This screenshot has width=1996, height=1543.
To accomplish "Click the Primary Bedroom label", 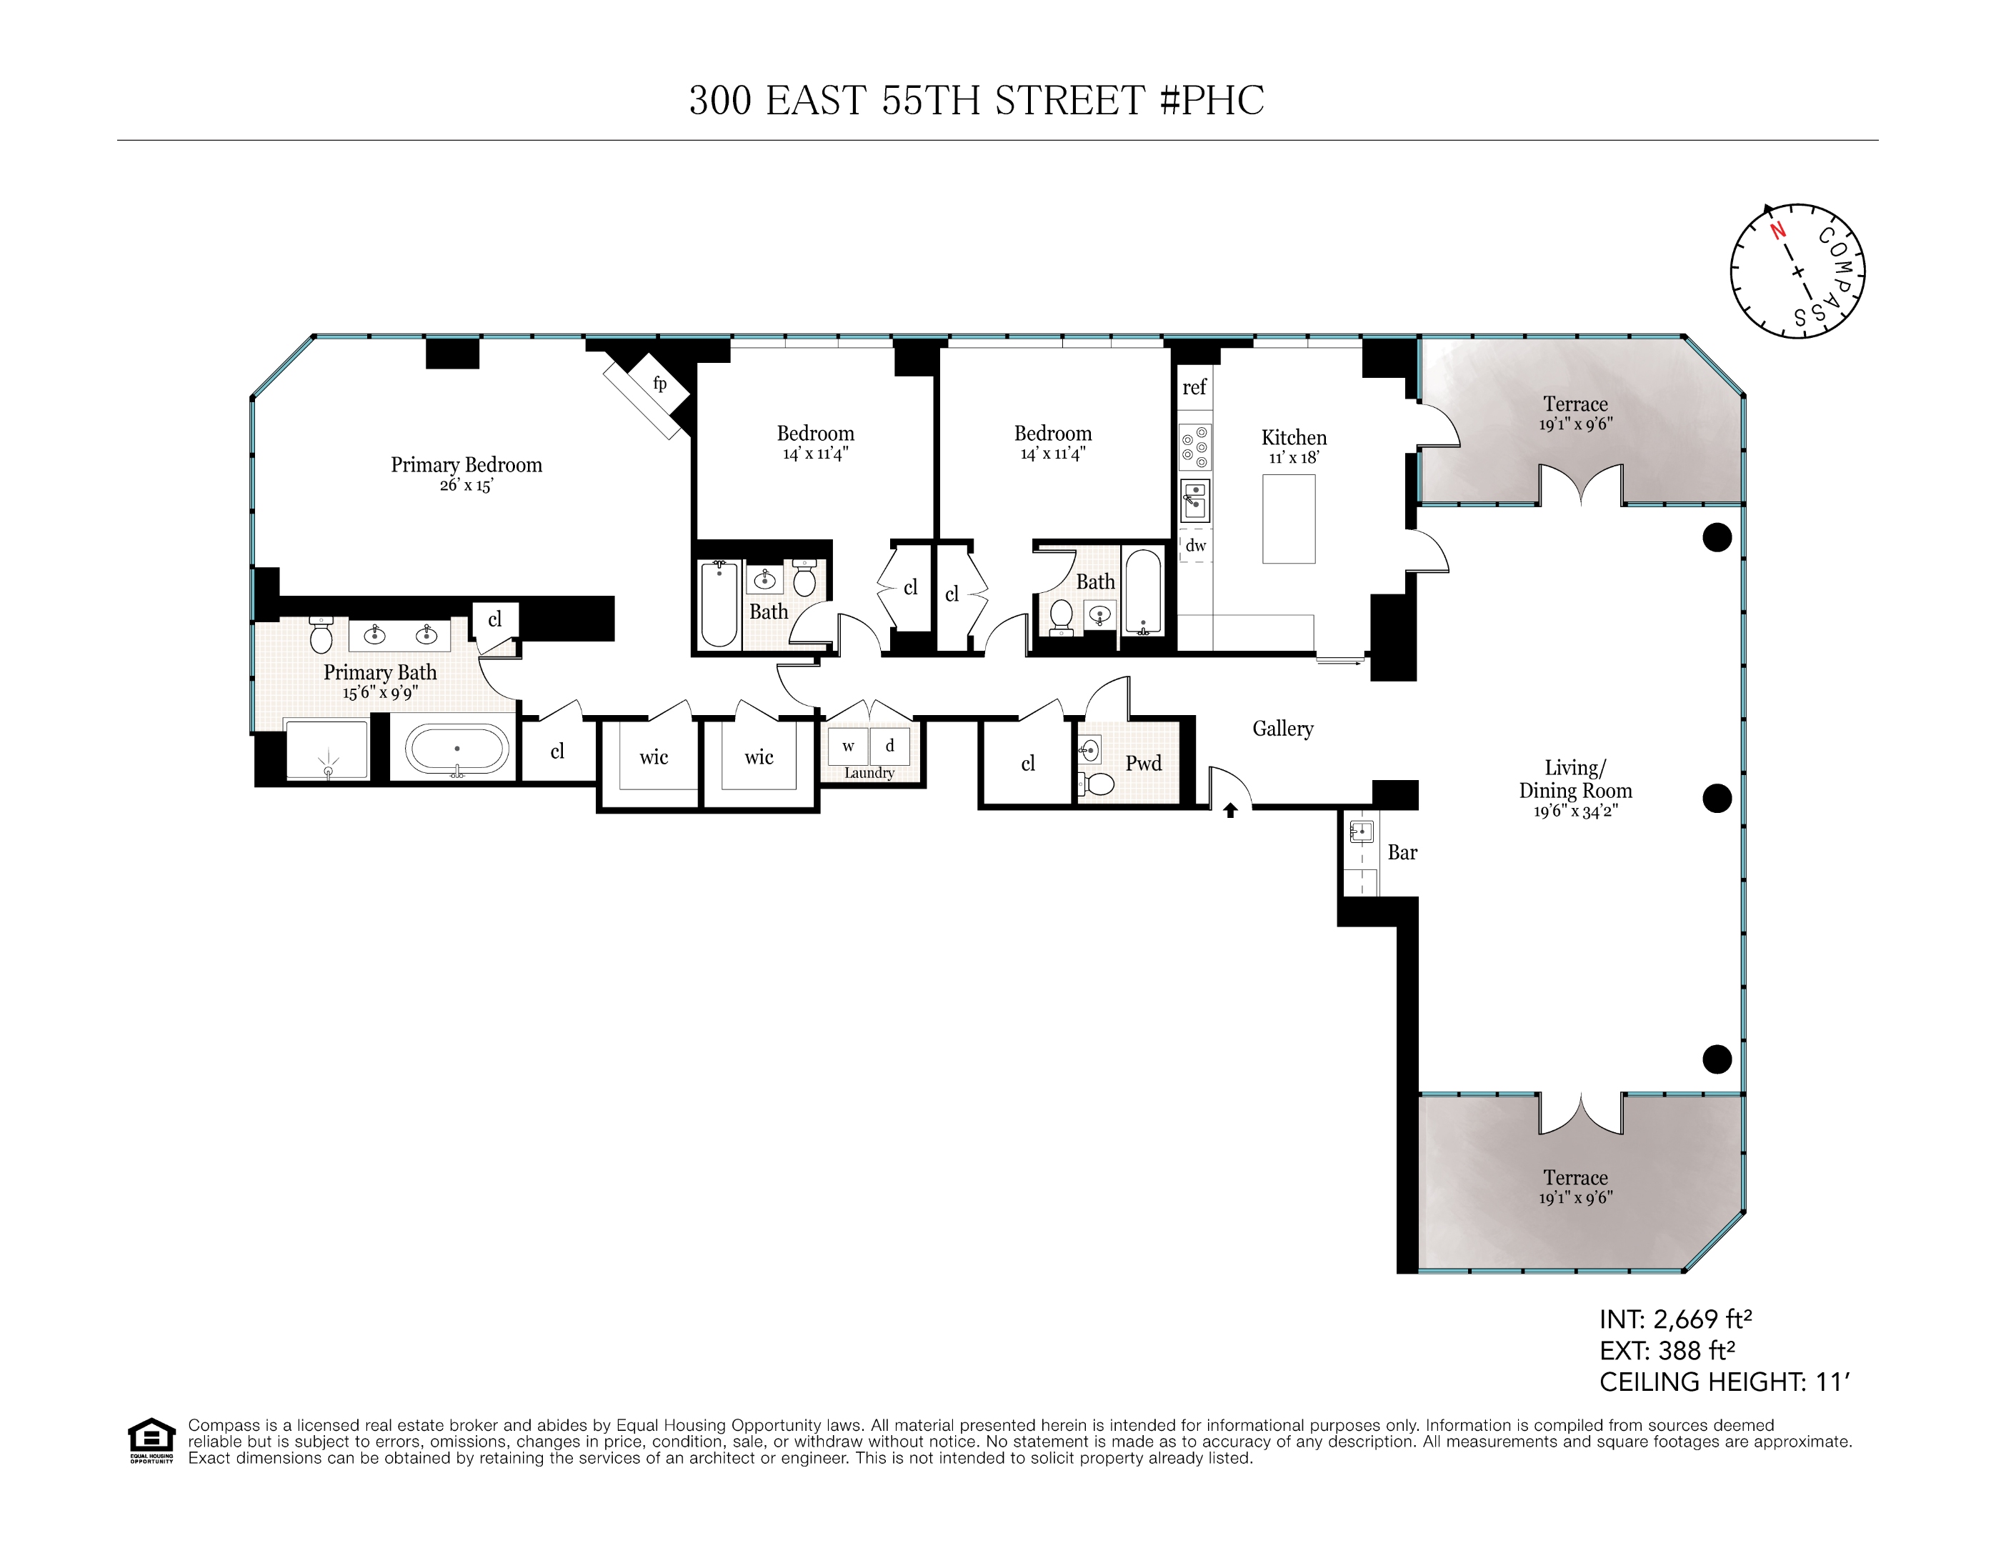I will tap(466, 464).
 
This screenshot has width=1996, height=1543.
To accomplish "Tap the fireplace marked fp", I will tap(659, 384).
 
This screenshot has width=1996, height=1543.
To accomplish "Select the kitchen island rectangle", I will tap(1289, 519).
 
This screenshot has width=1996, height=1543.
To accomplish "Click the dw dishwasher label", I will tap(1195, 546).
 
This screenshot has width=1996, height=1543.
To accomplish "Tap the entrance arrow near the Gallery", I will tap(1230, 810).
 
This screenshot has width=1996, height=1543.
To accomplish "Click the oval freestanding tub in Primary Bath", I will tap(457, 749).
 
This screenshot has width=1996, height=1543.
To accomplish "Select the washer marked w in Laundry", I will tap(848, 746).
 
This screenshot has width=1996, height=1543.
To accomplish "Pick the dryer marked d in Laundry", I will tap(889, 746).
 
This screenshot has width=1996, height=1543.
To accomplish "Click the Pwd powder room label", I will tap(1143, 763).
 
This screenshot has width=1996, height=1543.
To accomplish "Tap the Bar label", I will tap(1402, 853).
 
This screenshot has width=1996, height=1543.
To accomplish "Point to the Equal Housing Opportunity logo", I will tap(151, 1439).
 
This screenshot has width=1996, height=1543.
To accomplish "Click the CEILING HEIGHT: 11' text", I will tap(1724, 1382).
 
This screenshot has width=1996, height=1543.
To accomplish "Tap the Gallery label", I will tap(1282, 729).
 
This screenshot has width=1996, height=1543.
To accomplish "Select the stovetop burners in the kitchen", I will tap(1194, 447).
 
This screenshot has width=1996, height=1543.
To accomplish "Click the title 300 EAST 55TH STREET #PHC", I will tap(976, 101).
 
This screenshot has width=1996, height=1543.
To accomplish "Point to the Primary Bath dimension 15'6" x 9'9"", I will tap(380, 693).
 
